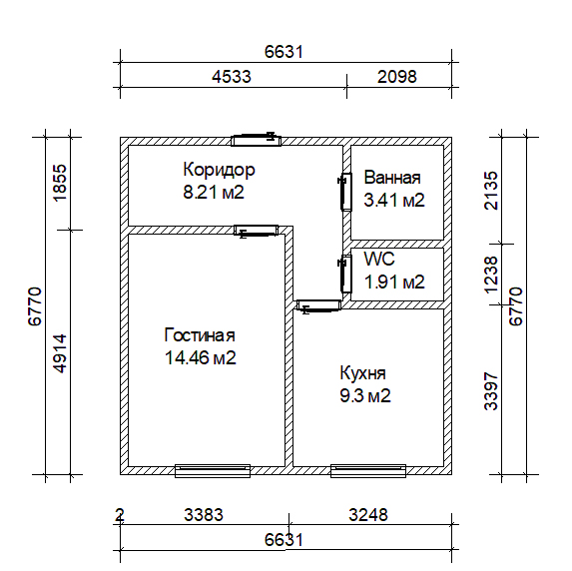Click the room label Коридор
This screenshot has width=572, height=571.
(219, 170)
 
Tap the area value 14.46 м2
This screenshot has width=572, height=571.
(201, 358)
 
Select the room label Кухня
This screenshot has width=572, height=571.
(362, 373)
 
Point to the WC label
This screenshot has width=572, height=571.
(379, 260)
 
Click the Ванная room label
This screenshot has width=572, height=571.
(392, 178)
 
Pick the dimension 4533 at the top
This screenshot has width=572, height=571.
(232, 77)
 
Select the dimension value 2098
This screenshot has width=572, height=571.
(397, 77)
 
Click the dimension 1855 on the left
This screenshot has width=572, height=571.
(60, 183)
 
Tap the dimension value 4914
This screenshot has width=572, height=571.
(60, 352)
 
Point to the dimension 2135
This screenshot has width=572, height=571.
(491, 191)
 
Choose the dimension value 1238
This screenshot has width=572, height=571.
(491, 275)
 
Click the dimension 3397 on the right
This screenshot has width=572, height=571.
(491, 391)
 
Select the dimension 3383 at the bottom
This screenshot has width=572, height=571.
(204, 515)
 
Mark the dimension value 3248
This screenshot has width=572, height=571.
(368, 515)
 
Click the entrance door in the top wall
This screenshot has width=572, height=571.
(257, 140)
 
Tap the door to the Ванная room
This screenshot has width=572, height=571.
(345, 192)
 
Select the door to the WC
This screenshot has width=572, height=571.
(345, 274)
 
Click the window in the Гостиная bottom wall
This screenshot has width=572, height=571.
(213, 471)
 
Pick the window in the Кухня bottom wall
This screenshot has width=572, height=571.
(368, 471)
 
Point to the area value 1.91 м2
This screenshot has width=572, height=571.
(394, 283)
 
